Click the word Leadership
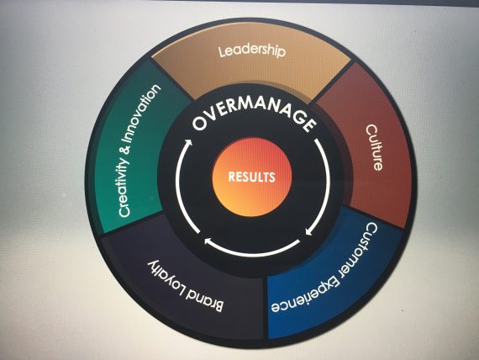(252, 51)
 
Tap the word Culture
(374, 147)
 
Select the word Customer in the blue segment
(361, 249)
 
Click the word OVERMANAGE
(255, 114)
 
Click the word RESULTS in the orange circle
(252, 177)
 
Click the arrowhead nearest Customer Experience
(309, 231)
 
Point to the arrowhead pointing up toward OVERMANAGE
(188, 143)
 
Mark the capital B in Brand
(218, 306)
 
